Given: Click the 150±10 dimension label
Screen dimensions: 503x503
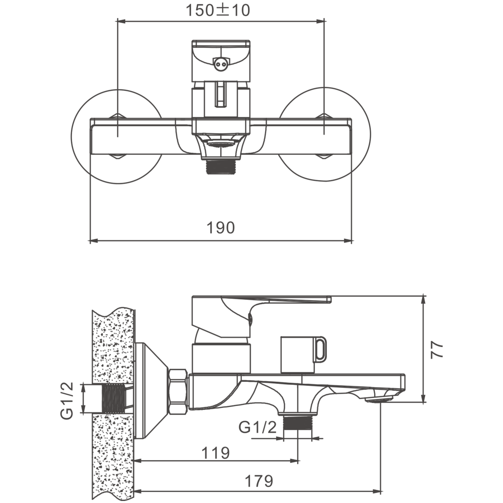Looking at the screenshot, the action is (218, 10).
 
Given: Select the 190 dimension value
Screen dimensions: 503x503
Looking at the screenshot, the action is (221, 228).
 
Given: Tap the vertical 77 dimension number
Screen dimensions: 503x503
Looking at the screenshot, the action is (437, 350).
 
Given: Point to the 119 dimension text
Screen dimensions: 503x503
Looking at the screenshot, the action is (216, 453).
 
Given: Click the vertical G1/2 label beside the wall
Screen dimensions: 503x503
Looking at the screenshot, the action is (67, 400).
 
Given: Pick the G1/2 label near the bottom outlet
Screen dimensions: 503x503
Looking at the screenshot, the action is (257, 427).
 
